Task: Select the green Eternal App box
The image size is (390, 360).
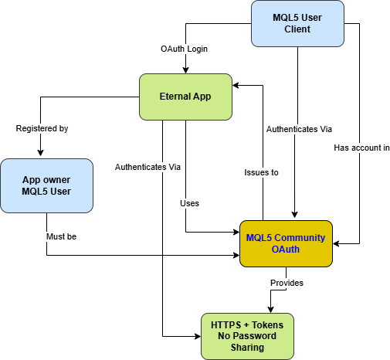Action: pos(185,97)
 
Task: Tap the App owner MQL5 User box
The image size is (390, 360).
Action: pos(46,186)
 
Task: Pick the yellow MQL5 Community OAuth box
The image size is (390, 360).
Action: pos(287,243)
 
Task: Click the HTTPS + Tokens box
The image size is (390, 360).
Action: pos(247,336)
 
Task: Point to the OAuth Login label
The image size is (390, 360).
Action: pos(185,49)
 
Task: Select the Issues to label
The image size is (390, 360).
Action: pos(261,172)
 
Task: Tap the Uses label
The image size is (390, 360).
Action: pos(189,203)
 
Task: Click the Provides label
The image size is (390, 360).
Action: pos(287,283)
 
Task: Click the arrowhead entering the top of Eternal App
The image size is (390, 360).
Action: pos(185,70)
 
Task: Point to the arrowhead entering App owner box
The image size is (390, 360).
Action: pos(39,155)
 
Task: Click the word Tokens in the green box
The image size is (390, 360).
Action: pos(266,325)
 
